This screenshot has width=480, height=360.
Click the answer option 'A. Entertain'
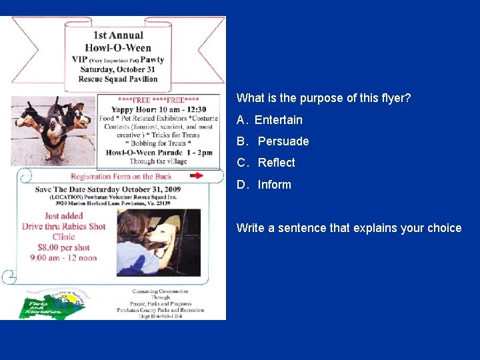tap(269, 120)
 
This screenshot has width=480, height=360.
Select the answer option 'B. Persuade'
tap(273, 141)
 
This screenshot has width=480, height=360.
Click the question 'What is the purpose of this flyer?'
tap(323, 98)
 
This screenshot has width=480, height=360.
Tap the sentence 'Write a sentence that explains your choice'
tap(349, 228)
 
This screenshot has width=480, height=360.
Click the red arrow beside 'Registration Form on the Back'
tap(196, 176)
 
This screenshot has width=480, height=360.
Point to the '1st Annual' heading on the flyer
tap(118, 35)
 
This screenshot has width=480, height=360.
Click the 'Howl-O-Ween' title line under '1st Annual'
tap(118, 47)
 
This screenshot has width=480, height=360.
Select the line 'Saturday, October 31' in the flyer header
tap(117, 69)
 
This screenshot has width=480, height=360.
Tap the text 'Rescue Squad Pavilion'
tap(117, 79)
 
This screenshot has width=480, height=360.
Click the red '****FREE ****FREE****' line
tap(159, 100)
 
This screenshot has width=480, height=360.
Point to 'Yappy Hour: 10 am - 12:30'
tap(159, 109)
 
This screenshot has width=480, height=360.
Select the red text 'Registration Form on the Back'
tap(121, 177)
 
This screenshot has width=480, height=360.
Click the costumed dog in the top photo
tap(52, 127)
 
